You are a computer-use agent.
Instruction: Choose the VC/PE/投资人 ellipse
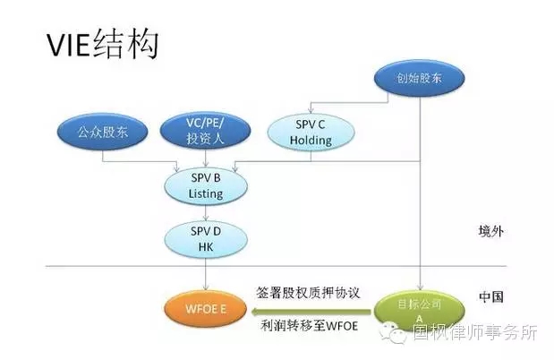pos(207,131)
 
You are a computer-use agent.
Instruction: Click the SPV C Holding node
pos(312,132)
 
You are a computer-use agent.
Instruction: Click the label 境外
pos(490,232)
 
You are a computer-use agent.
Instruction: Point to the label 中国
pos(490,296)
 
